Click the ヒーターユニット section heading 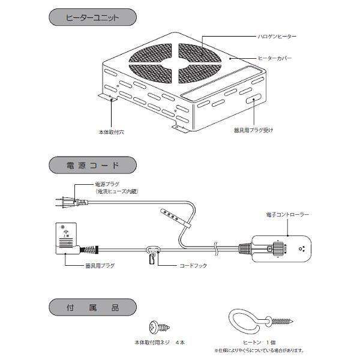[x=92, y=18]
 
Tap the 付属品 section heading [x=92, y=308]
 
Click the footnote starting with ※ [x=259, y=351]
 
